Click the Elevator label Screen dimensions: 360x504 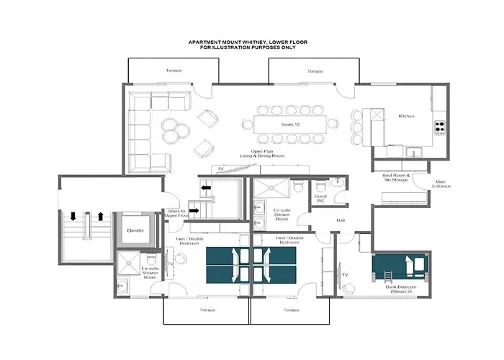click(135, 231)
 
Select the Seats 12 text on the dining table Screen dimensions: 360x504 click(290, 125)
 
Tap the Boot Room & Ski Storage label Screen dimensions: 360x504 click(396, 179)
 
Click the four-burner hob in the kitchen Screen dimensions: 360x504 click(439, 129)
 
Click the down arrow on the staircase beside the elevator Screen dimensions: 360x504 click(73, 216)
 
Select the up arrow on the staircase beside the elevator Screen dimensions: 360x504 click(101, 216)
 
